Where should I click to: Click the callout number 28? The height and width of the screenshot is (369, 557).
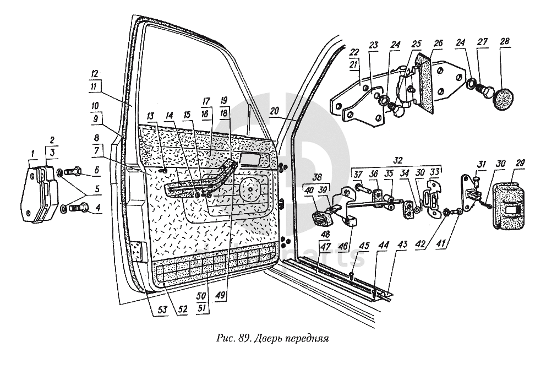click(x=505, y=42)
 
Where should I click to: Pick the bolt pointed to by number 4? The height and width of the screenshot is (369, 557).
click(x=76, y=209)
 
